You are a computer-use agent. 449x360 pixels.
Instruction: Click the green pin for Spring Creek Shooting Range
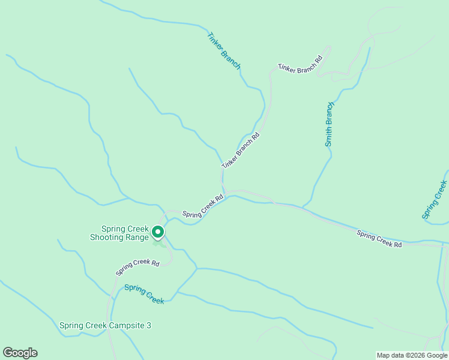coord(158,232)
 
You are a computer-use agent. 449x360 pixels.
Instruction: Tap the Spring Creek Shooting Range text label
coord(125,233)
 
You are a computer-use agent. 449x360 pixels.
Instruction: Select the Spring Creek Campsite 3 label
coord(105,326)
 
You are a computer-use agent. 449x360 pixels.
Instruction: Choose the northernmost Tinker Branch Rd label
coord(300,64)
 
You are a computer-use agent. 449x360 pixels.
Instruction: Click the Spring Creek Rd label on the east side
coord(379,239)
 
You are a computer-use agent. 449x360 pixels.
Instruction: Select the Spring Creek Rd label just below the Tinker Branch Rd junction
coord(203,206)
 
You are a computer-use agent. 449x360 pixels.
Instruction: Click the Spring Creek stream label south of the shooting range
coord(144,294)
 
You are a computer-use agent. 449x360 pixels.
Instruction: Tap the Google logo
coord(20,353)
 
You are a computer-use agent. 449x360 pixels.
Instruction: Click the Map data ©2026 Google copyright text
coord(412,355)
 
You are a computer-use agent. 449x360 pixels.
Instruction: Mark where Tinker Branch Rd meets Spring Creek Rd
coord(223,191)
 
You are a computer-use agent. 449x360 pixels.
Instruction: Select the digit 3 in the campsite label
coord(149,326)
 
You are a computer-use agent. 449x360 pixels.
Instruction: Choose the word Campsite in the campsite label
coord(127,326)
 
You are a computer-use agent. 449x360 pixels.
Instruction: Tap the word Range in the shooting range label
coord(137,237)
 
